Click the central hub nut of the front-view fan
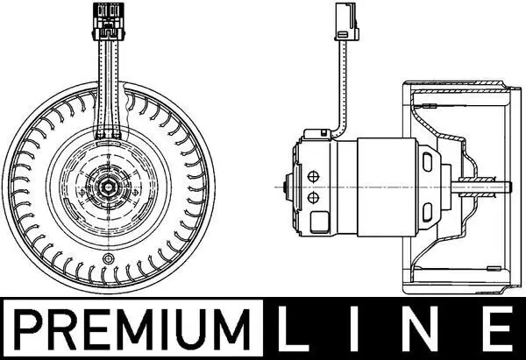(109, 185)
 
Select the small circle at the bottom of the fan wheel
(108, 258)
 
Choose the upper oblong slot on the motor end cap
(428, 163)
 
